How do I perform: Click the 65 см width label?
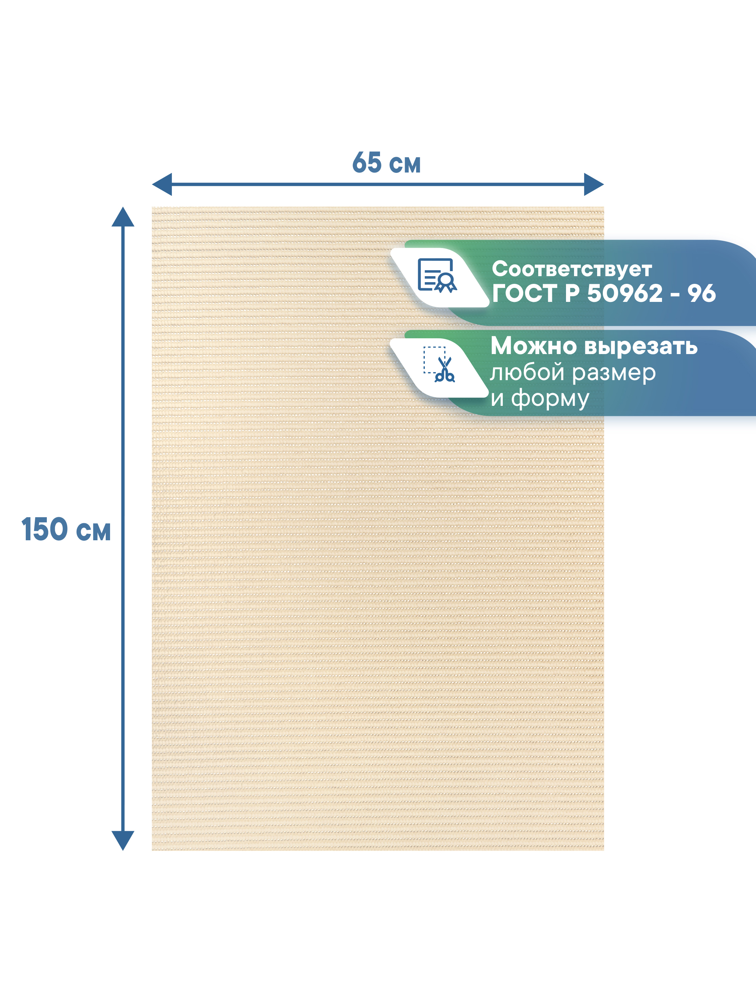(x=386, y=162)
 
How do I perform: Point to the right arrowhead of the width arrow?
(x=594, y=184)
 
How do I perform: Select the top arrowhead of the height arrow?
(x=123, y=217)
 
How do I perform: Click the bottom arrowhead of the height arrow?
(x=123, y=841)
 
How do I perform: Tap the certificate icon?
(x=437, y=275)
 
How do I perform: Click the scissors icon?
(x=439, y=364)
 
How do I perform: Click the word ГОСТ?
(x=524, y=293)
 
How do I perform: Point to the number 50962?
(x=625, y=293)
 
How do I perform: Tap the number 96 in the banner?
(x=701, y=293)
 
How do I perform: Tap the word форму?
(x=550, y=399)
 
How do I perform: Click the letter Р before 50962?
(x=572, y=293)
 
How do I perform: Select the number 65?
(x=367, y=162)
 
